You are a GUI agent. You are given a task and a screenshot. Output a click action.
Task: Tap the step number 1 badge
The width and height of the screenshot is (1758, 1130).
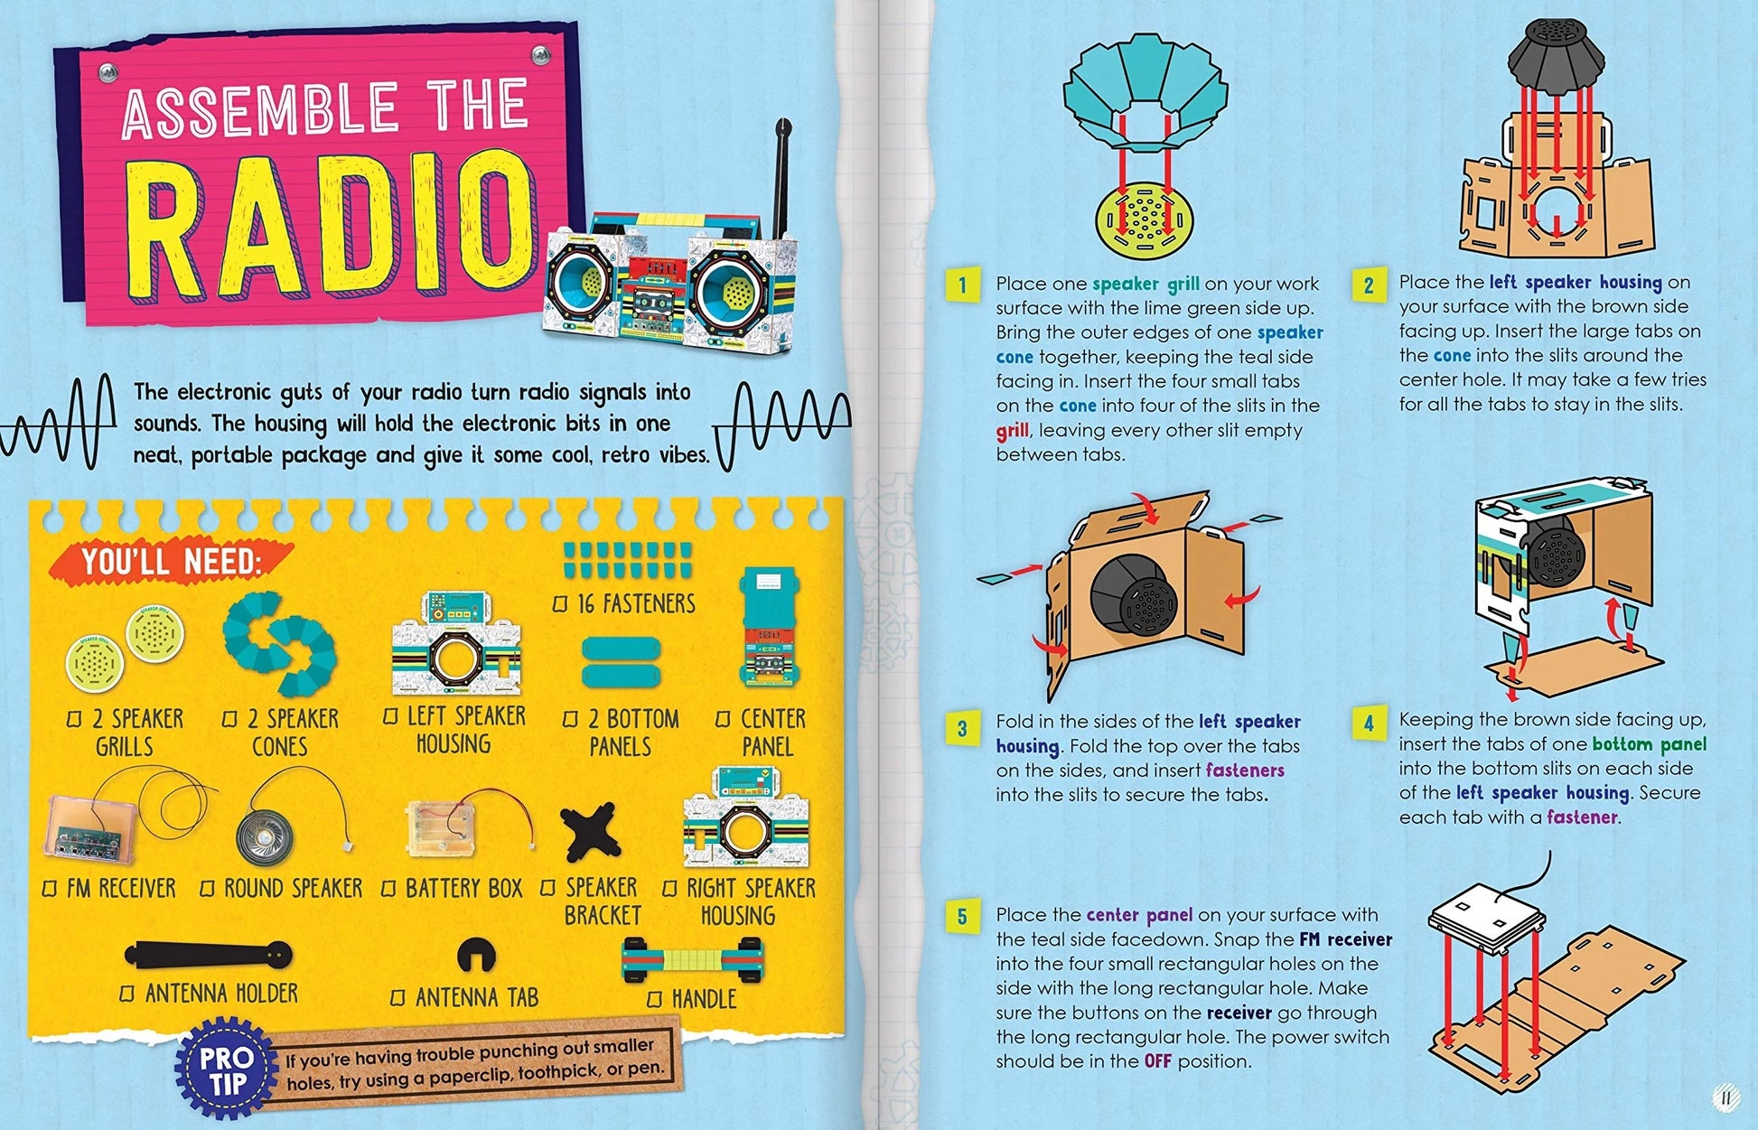click(961, 285)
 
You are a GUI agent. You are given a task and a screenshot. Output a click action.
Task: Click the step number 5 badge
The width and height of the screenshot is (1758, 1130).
click(961, 918)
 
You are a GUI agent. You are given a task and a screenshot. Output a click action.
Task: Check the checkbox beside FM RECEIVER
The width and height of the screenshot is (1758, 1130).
click(51, 890)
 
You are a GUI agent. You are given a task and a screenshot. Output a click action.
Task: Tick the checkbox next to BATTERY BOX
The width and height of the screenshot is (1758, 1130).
click(388, 890)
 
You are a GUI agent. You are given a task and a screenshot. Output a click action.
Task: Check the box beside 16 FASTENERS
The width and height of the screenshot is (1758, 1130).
click(560, 603)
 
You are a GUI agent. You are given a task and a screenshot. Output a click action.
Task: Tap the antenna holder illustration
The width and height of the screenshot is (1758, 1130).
click(209, 954)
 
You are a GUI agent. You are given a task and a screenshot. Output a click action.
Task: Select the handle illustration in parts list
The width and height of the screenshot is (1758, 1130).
click(692, 959)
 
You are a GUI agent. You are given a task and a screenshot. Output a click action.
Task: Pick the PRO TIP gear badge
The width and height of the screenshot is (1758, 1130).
click(226, 1071)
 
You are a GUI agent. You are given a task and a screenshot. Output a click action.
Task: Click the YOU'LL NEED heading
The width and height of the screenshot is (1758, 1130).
click(172, 562)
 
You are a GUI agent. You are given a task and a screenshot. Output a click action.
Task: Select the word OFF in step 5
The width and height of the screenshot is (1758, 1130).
click(1157, 1061)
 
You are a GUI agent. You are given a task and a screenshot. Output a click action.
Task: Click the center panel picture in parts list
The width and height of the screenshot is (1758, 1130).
click(769, 627)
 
